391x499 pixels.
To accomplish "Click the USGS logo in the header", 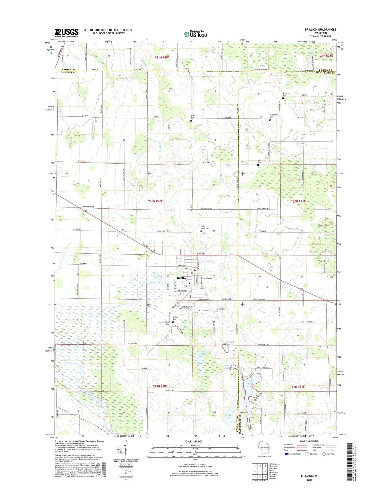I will tap(67, 33).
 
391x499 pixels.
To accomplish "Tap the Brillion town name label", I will tap(182, 278).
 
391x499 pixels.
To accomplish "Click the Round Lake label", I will tap(230, 343).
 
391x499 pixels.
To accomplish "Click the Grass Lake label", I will tap(204, 353).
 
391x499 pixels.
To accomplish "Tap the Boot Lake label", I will tap(227, 367).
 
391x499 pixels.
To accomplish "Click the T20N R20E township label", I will tap(155, 201).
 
